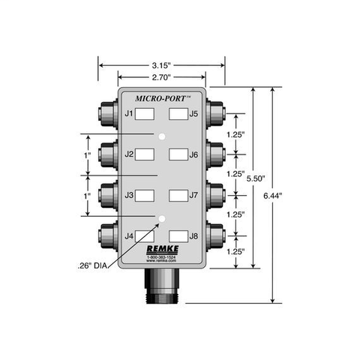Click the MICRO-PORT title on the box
(x=162, y=97)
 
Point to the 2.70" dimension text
(x=161, y=76)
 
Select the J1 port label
(x=129, y=114)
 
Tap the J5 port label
(x=193, y=114)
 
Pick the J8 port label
(x=193, y=236)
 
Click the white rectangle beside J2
(x=146, y=154)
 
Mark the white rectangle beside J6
(x=177, y=154)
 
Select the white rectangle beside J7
(x=177, y=195)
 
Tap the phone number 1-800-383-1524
(x=161, y=259)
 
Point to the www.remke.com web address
(x=161, y=262)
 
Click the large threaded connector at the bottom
(x=162, y=286)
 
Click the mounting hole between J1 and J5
(x=161, y=135)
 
